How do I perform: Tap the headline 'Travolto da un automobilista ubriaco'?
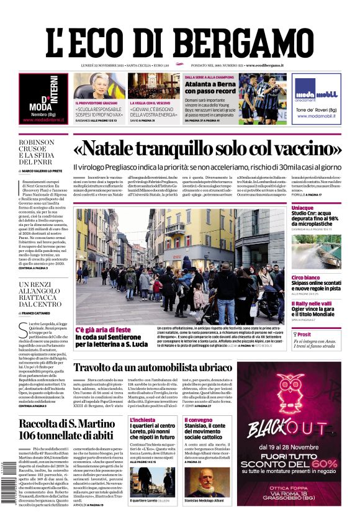coord(153,367)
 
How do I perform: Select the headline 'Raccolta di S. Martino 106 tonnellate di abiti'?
coord(66,430)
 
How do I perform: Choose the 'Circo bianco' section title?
coord(306,277)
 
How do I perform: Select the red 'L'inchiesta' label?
coord(142,420)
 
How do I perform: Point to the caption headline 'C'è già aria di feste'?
coord(103,329)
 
